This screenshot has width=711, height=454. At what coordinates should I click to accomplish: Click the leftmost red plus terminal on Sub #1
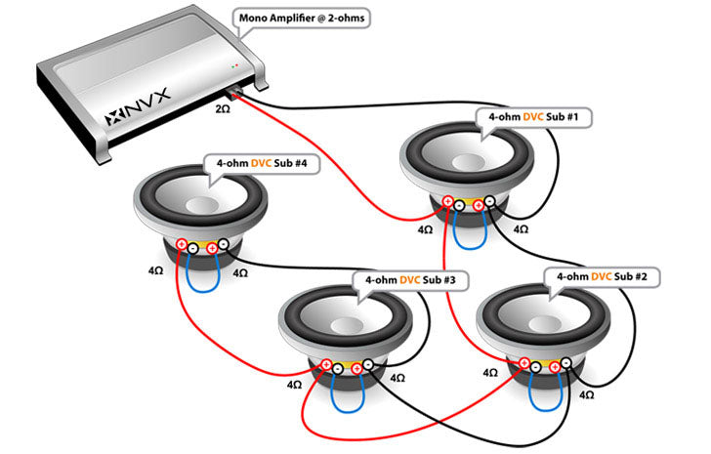tap(446, 203)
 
